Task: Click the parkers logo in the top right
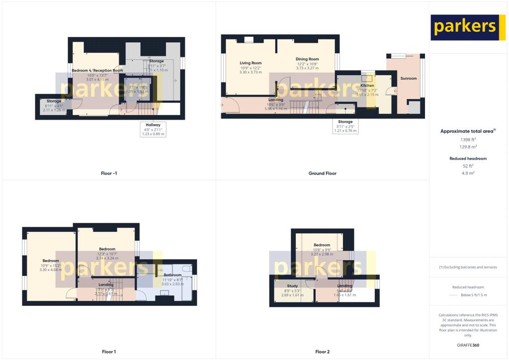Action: pyautogui.click(x=464, y=27)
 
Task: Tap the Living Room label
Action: pyautogui.click(x=251, y=63)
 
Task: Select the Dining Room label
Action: pyautogui.click(x=307, y=59)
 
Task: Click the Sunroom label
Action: pyautogui.click(x=408, y=79)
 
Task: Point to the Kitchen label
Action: pyautogui.click(x=367, y=86)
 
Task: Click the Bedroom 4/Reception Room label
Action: pyautogui.click(x=97, y=71)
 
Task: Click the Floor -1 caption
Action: pyautogui.click(x=108, y=174)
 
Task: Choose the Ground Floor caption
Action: pyautogui.click(x=322, y=174)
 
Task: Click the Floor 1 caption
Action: pyautogui.click(x=109, y=352)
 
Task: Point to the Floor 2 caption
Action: pyautogui.click(x=322, y=352)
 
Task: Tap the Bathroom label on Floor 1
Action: pyautogui.click(x=172, y=275)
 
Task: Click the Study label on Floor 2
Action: pyautogui.click(x=292, y=286)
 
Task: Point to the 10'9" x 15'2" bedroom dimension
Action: pyautogui.click(x=51, y=266)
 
